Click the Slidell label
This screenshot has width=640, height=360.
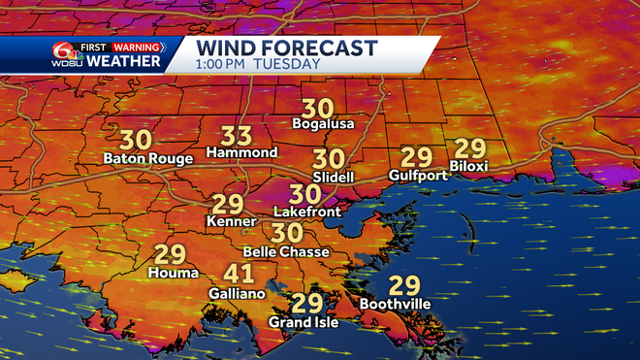pyautogui.click(x=333, y=178)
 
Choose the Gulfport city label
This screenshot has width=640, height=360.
pyautogui.click(x=418, y=176)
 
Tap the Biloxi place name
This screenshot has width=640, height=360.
pyautogui.click(x=470, y=167)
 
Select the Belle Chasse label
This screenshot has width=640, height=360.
pyautogui.click(x=286, y=252)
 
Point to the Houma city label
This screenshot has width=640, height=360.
pyautogui.click(x=170, y=274)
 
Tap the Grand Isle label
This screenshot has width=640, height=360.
pyautogui.click(x=304, y=322)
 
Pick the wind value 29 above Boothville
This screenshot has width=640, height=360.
pyautogui.click(x=403, y=286)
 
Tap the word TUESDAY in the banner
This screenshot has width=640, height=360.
pyautogui.click(x=287, y=64)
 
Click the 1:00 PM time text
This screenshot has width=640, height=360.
pyautogui.click(x=221, y=64)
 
